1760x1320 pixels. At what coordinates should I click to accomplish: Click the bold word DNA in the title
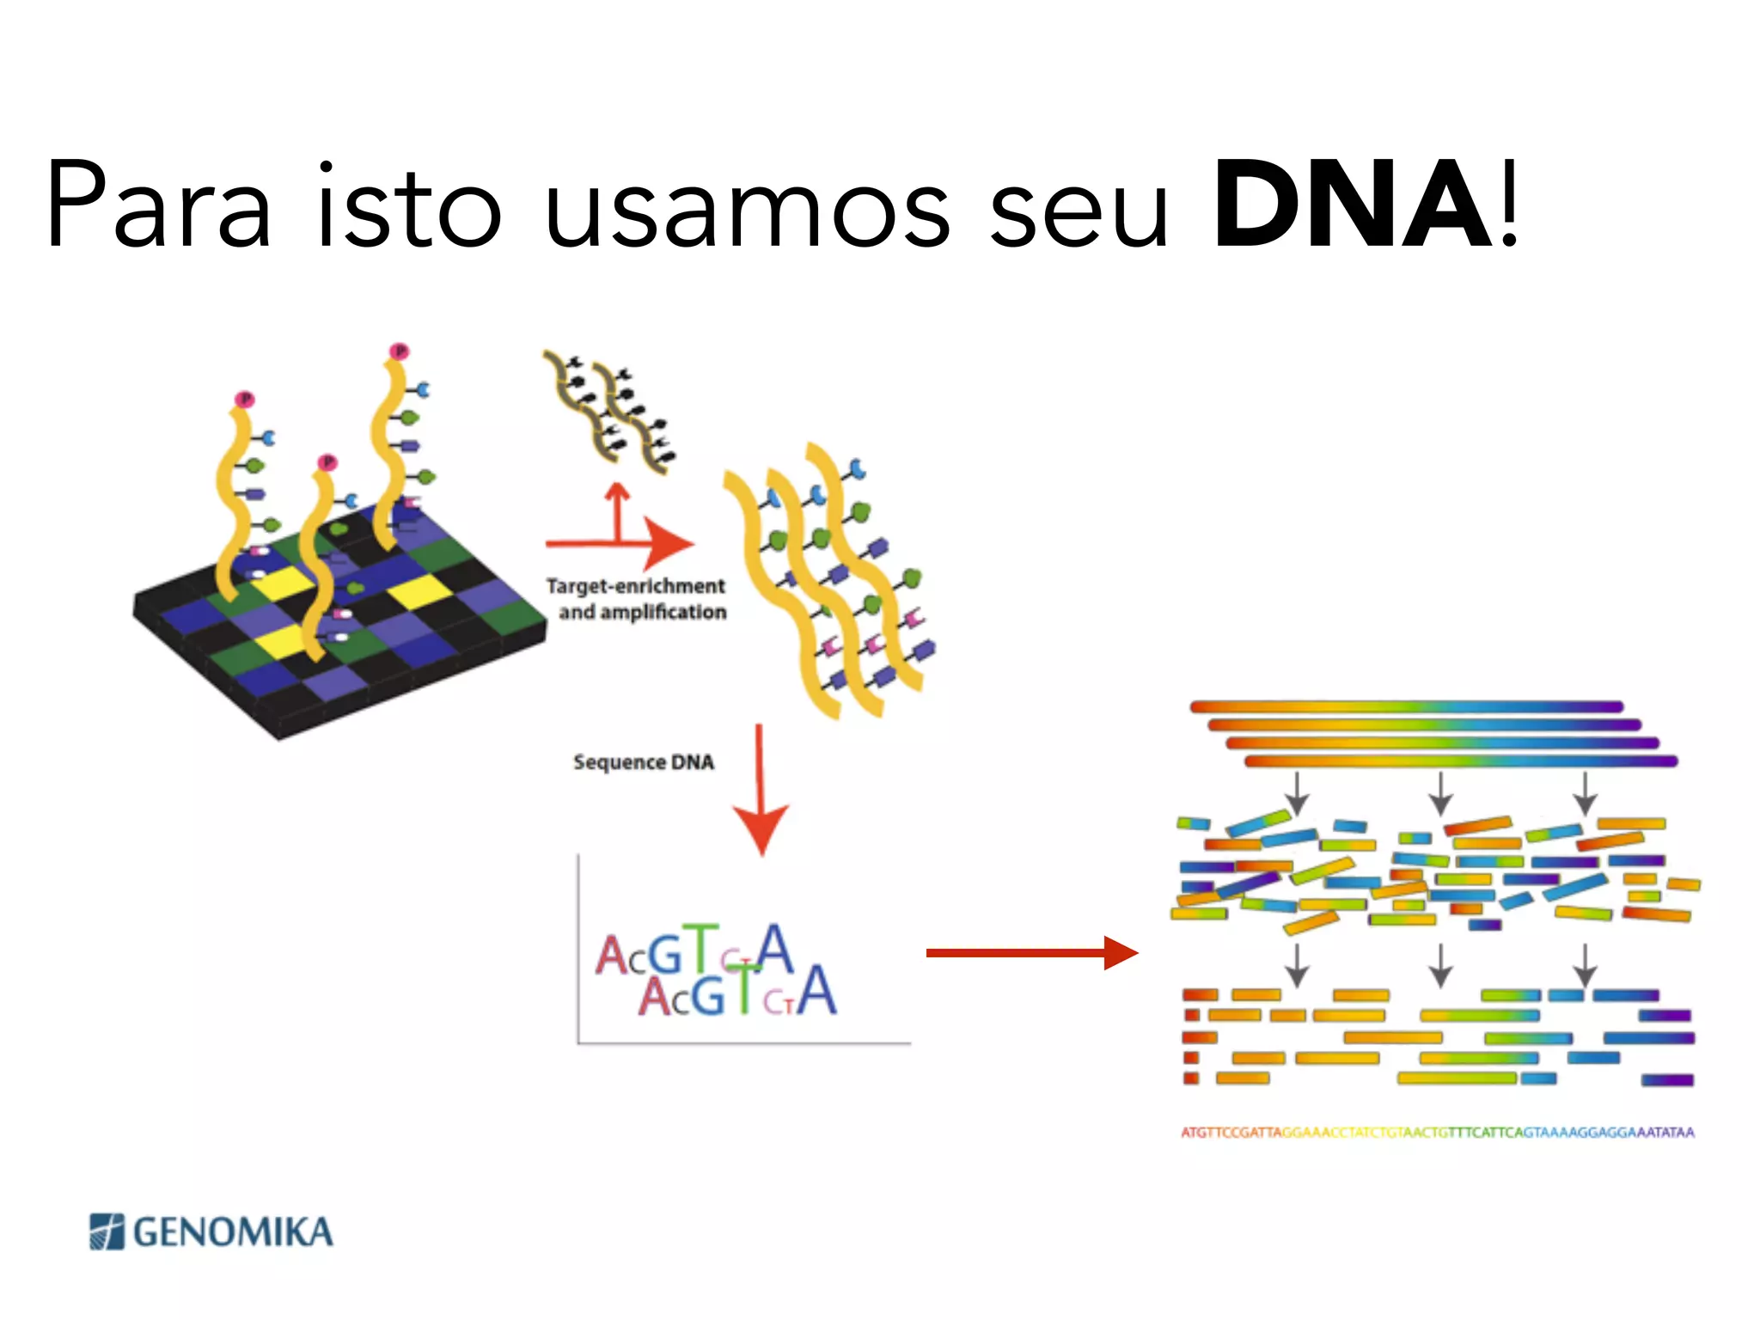(1353, 206)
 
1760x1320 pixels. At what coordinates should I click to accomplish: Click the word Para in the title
(160, 206)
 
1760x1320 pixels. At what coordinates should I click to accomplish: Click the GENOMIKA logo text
(233, 1232)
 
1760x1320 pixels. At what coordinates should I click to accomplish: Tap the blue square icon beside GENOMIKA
(107, 1231)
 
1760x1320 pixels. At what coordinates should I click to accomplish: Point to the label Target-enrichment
(636, 586)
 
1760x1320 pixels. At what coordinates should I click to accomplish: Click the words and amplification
(643, 612)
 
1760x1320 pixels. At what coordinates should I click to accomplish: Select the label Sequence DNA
(644, 762)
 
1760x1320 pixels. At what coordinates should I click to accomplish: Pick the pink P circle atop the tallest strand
(399, 351)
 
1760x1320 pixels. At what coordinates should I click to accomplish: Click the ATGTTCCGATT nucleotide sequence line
(1437, 1133)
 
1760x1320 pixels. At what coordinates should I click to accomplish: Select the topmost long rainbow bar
(1406, 706)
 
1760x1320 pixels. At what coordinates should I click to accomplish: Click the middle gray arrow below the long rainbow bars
(1441, 792)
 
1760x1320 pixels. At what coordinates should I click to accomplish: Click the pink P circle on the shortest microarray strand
(327, 462)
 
